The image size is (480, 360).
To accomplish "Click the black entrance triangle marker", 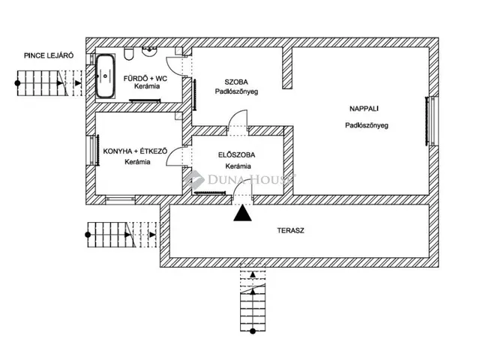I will (x=241, y=214).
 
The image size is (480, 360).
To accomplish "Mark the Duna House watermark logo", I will (x=240, y=178).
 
